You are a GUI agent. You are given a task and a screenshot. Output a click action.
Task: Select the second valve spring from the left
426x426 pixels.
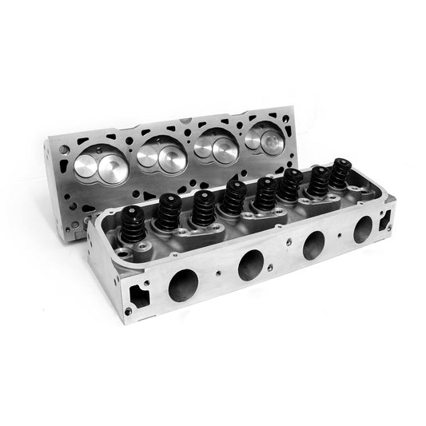168,213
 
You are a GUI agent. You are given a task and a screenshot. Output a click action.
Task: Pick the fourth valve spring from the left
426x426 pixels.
234,197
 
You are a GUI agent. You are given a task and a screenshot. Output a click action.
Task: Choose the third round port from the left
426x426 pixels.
313,243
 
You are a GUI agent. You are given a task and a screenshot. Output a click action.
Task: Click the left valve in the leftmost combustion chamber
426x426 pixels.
86,166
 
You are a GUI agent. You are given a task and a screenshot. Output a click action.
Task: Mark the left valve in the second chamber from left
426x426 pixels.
149,155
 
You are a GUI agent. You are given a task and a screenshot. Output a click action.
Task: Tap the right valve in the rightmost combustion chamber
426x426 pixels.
273,142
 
